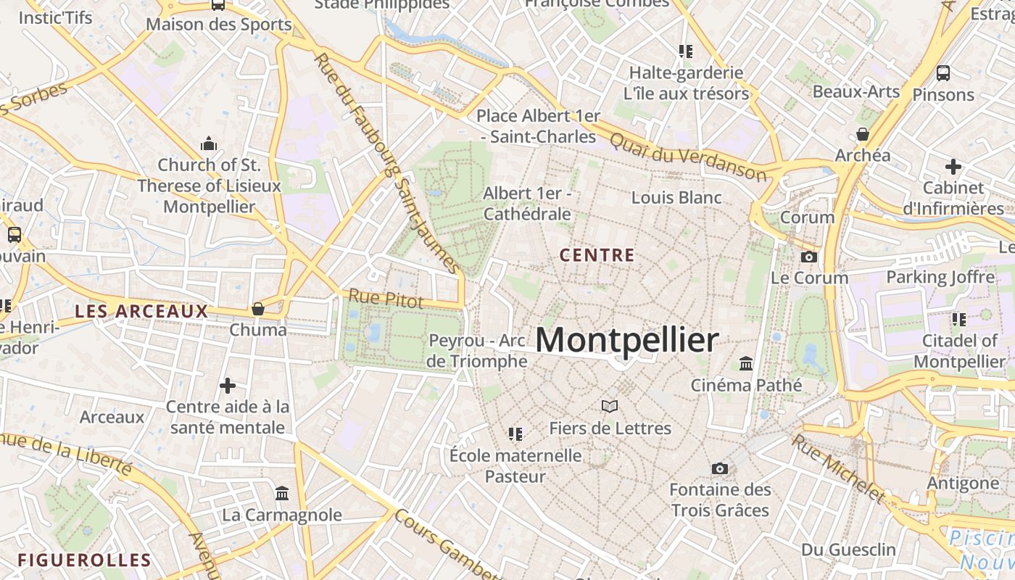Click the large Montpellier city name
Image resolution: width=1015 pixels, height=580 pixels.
pos(627,340)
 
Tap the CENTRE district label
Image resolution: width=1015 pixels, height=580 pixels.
pos(597,255)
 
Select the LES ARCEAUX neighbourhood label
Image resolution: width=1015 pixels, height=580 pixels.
pos(141,312)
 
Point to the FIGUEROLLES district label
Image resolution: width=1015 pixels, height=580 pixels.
pos(84,560)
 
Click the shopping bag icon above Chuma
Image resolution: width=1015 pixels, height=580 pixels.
pos(257,309)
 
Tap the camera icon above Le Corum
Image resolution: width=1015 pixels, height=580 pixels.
pos(808,257)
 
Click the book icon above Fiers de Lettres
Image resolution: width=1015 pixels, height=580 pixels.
pos(610,407)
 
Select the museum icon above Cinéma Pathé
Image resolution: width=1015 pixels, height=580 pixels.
pos(746,363)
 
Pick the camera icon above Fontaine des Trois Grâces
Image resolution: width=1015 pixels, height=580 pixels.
pos(719,468)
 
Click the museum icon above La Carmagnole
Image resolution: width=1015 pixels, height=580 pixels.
pos(282,494)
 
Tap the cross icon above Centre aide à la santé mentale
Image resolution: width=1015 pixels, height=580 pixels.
pos(228,385)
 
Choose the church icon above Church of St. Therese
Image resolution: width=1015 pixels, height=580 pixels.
pos(209,143)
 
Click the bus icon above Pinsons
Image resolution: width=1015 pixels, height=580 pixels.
pos(943,73)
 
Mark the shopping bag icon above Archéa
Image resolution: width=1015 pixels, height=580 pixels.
pos(863,134)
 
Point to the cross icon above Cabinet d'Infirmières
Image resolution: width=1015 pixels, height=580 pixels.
pos(953,167)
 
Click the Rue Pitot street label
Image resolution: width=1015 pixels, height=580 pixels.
pos(385,298)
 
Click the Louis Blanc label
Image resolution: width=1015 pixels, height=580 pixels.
pos(676,197)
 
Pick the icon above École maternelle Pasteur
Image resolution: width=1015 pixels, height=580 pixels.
pos(515,434)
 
